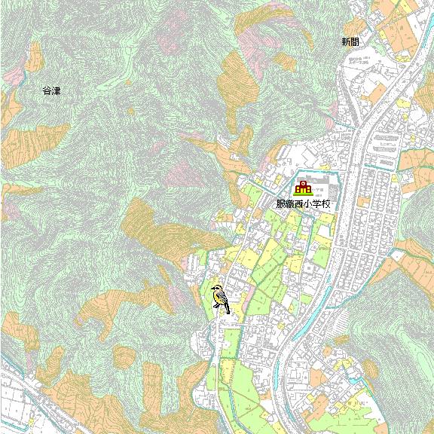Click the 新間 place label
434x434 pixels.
[350, 42]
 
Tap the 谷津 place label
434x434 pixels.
[51, 91]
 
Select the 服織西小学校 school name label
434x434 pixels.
[304, 204]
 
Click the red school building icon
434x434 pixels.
[303, 188]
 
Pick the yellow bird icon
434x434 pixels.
[220, 298]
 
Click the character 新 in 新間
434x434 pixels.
[345, 42]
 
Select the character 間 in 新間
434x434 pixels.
[354, 42]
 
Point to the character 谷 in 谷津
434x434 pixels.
[47, 91]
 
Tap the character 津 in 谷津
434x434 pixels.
[56, 91]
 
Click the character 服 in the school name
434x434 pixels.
[281, 204]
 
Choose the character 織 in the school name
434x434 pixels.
[290, 204]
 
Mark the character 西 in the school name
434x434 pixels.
[299, 204]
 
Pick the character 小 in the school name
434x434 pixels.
[308, 204]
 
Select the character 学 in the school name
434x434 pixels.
[317, 204]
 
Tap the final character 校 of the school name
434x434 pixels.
[326, 204]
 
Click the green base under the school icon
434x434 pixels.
[303, 194]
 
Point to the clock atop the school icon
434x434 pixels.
[303, 183]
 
